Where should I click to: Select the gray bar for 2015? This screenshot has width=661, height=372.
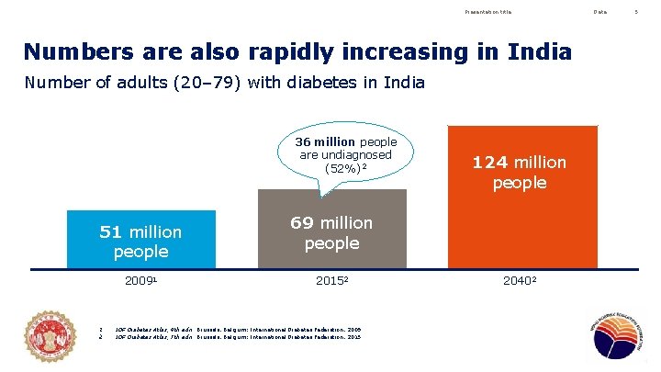(331, 230)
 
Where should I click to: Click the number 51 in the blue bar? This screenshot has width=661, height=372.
(114, 231)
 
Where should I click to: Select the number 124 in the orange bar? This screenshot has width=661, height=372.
(489, 163)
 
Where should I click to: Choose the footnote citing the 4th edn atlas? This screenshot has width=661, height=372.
(238, 328)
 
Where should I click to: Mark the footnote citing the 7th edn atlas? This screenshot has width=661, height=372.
(238, 337)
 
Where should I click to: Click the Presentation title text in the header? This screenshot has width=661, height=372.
(488, 11)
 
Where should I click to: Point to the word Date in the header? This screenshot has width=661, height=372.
(599, 11)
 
